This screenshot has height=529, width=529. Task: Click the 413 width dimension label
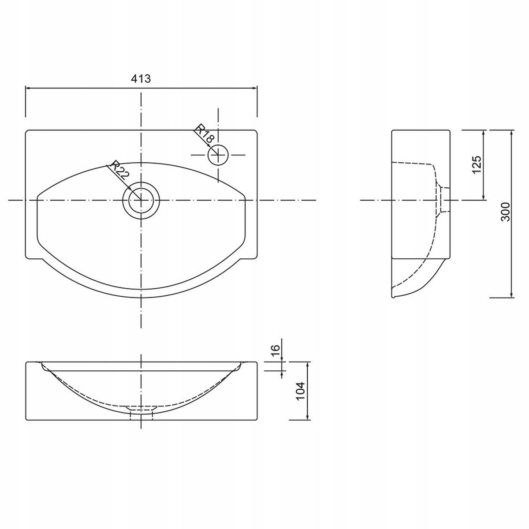[141, 79]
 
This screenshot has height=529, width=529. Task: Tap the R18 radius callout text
[205, 134]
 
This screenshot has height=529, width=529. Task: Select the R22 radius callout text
[119, 170]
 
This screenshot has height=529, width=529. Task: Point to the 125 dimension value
[477, 164]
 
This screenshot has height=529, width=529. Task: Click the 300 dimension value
[505, 212]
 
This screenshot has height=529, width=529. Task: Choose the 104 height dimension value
[301, 391]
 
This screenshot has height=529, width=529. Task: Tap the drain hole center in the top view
[141, 200]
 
